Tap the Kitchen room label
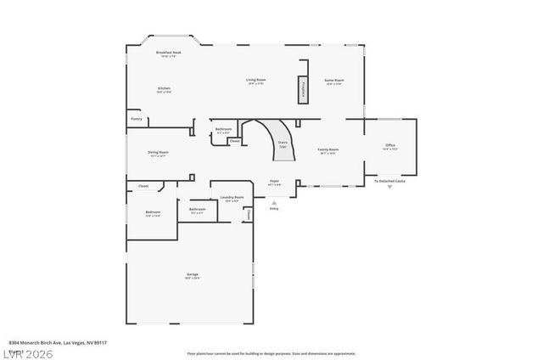(x=164, y=90)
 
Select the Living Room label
(x=256, y=82)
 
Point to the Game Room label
(x=333, y=82)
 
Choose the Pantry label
(x=136, y=119)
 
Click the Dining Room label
(x=159, y=154)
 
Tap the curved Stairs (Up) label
(x=283, y=144)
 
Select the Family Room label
(x=328, y=151)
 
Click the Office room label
(x=390, y=147)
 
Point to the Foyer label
(x=274, y=182)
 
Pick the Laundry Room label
(x=232, y=199)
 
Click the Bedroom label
(x=153, y=213)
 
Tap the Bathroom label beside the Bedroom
(x=197, y=210)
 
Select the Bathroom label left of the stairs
(x=223, y=131)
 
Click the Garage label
(x=193, y=275)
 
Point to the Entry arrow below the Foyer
(x=273, y=203)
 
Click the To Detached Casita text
(x=390, y=181)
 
